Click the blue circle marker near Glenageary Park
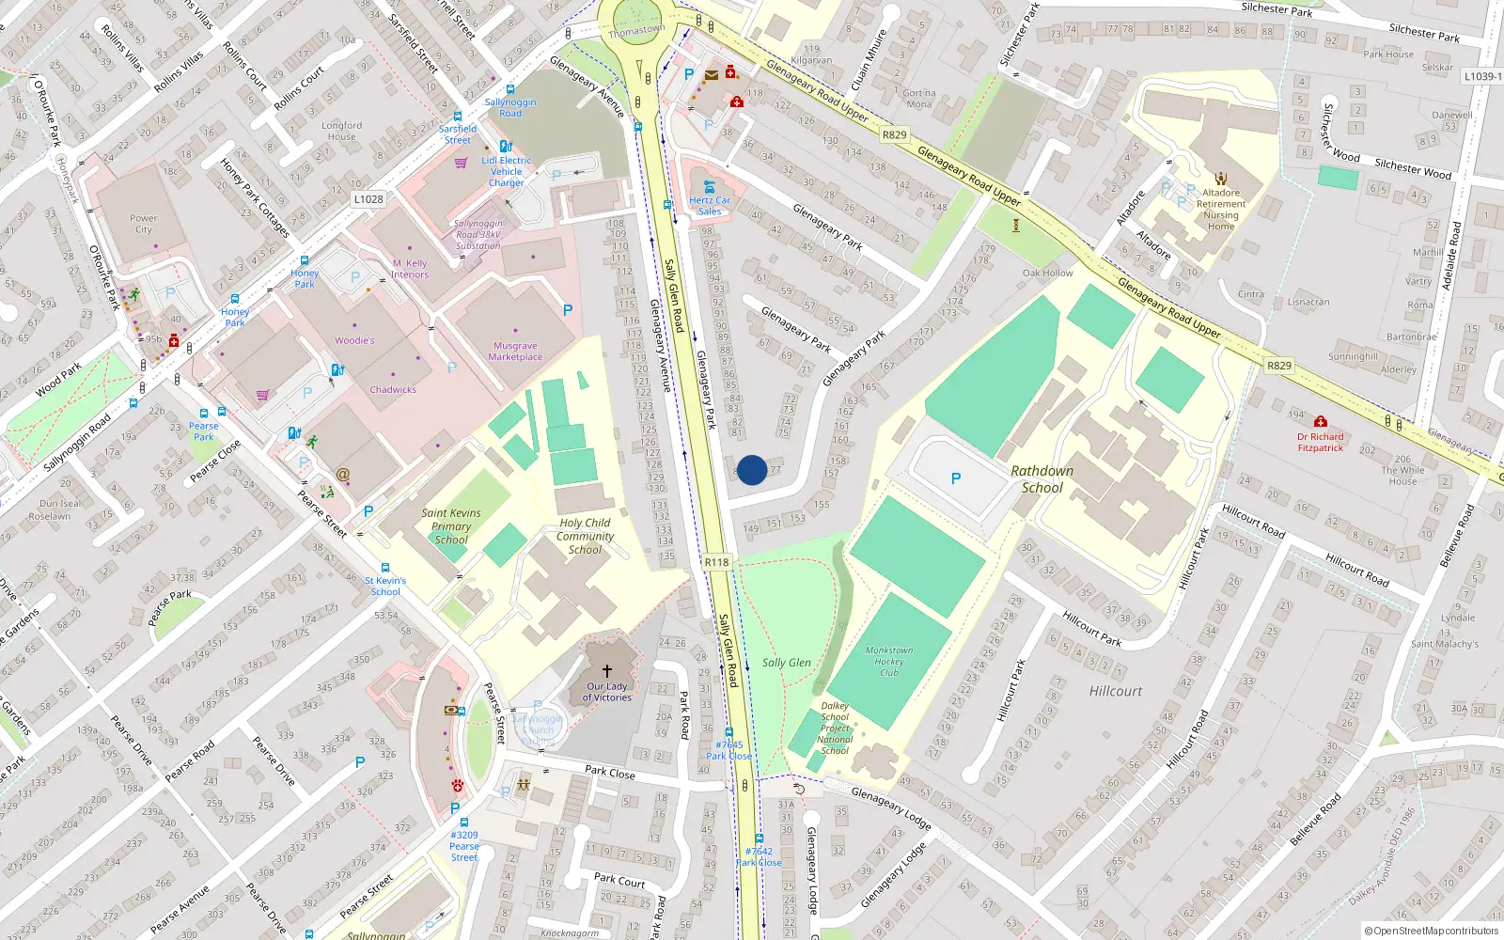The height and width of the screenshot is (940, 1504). (751, 470)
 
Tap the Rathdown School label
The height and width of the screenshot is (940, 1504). (1042, 479)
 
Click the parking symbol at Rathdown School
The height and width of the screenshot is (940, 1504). (956, 478)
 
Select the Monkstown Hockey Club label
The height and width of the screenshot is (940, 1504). (889, 661)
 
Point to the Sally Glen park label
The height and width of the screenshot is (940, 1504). (786, 663)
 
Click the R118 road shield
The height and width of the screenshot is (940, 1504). (716, 562)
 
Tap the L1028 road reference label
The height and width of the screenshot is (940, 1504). (368, 199)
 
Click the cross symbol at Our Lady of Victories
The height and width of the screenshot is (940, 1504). (607, 671)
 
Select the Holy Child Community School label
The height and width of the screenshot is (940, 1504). (585, 536)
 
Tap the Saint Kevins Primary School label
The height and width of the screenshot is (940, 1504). (451, 526)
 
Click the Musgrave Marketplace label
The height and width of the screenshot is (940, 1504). (515, 352)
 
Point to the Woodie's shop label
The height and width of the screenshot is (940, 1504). (354, 340)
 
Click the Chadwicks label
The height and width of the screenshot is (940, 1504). (393, 389)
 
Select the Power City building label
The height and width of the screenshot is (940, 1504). (144, 224)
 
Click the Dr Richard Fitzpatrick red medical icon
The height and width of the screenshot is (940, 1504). (1321, 422)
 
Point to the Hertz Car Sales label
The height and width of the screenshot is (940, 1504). (710, 206)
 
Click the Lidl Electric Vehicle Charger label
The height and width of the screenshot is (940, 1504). (507, 171)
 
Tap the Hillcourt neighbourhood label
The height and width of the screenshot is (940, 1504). (1116, 691)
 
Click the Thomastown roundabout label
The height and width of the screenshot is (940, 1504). (636, 30)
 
